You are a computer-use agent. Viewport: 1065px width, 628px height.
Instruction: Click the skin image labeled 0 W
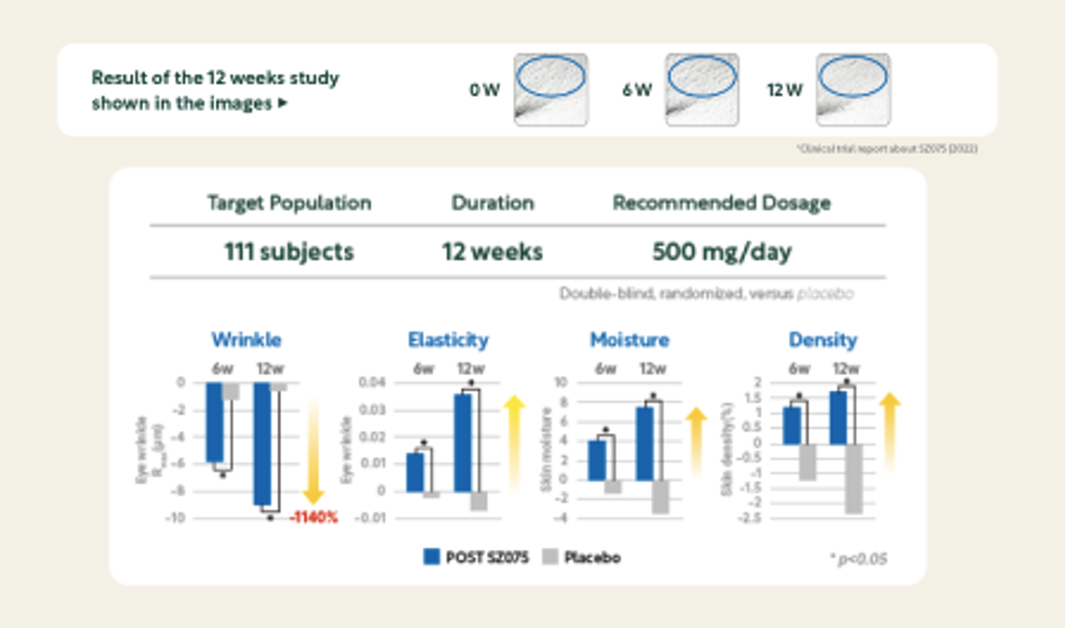551,90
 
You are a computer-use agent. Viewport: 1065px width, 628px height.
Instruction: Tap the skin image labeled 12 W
853,90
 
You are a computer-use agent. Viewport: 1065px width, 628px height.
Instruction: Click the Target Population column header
289,203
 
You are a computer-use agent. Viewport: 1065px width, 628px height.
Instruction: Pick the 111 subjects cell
289,252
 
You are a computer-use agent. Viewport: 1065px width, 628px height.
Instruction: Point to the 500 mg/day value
722,252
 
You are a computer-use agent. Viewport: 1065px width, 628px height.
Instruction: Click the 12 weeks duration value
492,252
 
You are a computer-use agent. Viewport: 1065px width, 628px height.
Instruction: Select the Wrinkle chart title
247,340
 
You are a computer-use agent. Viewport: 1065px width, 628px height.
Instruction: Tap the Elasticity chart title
448,340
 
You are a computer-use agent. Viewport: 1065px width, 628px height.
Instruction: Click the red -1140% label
313,517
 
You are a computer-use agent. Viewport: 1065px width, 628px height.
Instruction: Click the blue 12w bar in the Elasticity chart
463,443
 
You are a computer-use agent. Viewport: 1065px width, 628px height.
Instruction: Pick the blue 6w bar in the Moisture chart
597,460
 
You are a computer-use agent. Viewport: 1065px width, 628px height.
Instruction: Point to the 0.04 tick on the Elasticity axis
372,382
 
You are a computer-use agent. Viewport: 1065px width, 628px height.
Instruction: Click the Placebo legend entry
582,557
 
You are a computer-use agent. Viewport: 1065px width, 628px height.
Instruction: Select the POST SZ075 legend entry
476,557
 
